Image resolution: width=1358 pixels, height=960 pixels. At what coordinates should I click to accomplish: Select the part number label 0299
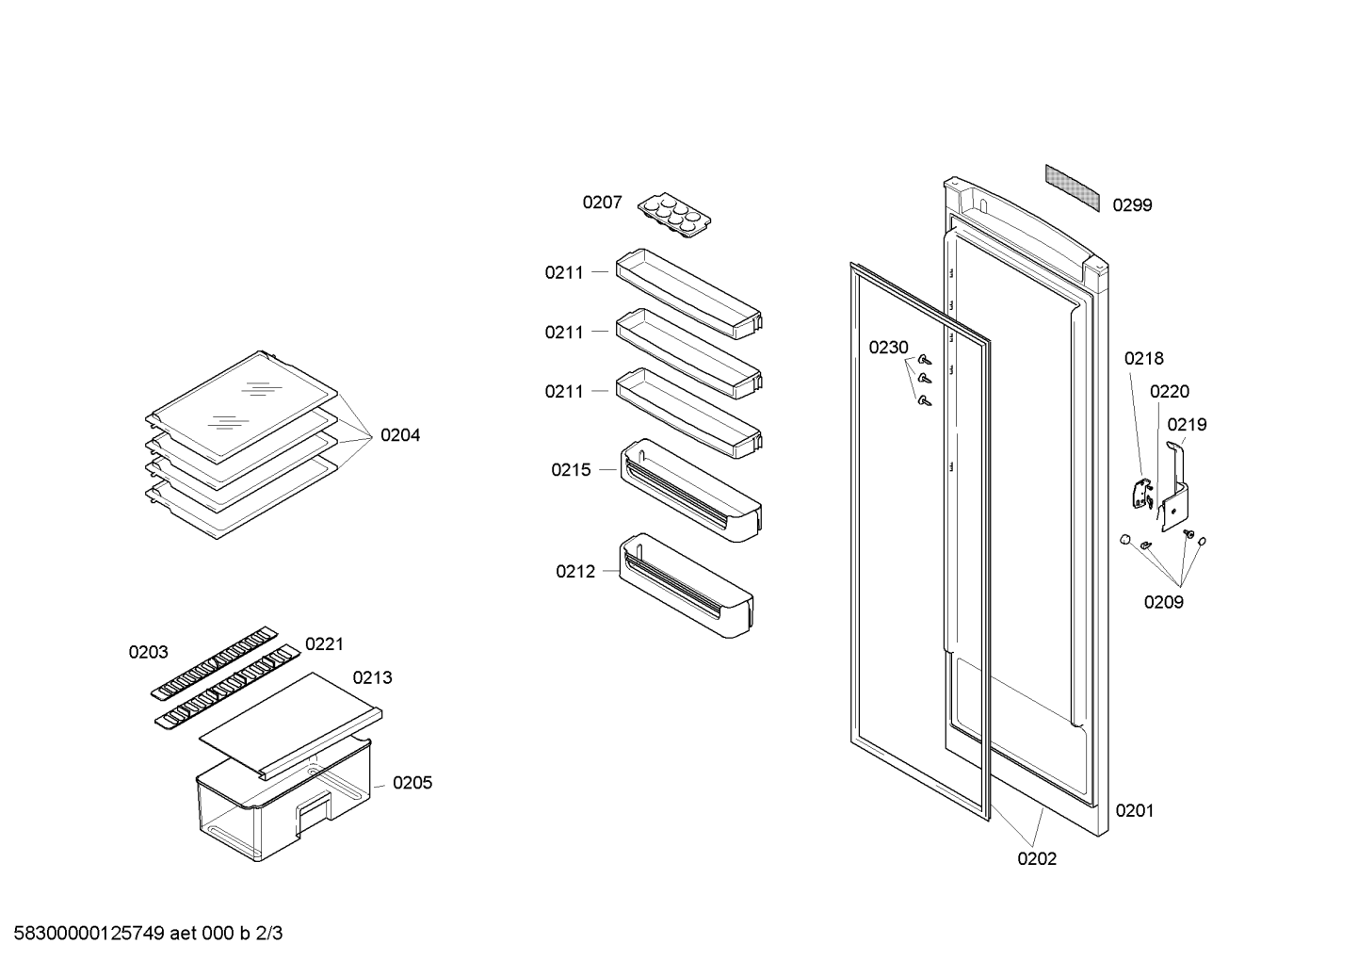(1132, 205)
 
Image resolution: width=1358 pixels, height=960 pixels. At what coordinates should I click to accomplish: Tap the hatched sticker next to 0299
(1072, 188)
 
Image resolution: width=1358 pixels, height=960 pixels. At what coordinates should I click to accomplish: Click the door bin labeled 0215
(690, 490)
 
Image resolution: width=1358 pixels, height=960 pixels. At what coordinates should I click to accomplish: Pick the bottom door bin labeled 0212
(686, 585)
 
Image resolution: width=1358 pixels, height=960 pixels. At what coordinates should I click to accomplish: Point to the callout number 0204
(400, 435)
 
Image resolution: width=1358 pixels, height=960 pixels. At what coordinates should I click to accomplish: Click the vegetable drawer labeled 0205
(283, 799)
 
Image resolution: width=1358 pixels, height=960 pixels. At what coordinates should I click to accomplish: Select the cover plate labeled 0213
(291, 725)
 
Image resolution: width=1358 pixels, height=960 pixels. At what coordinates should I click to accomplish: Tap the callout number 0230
(888, 348)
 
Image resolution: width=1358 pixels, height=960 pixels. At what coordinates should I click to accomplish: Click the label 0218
(1144, 358)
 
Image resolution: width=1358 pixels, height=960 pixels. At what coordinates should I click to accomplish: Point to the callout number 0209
(1163, 602)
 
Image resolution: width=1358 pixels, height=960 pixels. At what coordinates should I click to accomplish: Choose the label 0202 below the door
(1037, 858)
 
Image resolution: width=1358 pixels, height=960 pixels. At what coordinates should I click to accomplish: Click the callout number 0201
(1134, 811)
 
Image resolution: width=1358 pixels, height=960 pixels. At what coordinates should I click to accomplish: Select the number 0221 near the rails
(324, 644)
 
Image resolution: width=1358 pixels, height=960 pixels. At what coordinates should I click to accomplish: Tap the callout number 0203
(149, 653)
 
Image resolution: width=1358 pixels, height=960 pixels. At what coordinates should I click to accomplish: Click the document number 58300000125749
(89, 934)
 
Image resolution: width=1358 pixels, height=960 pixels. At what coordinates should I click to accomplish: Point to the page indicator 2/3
(269, 934)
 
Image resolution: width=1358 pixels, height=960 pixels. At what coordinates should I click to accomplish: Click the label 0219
(1187, 425)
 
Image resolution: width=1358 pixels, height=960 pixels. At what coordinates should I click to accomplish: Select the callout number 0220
(1170, 392)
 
